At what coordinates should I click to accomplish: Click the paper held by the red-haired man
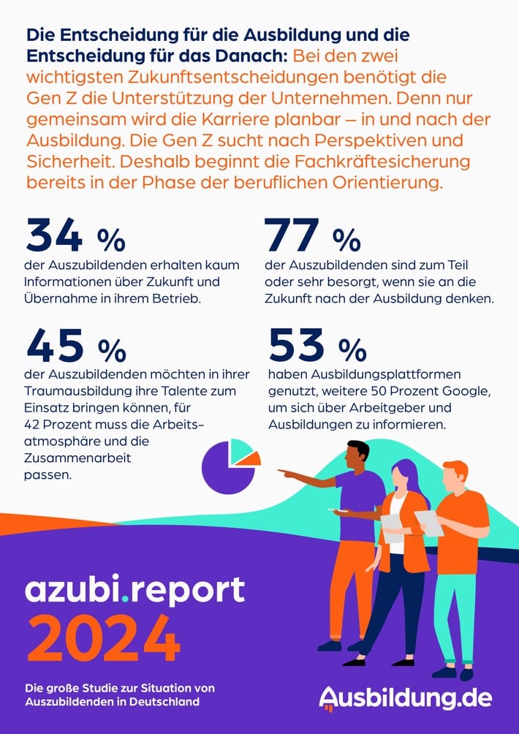(x=429, y=522)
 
